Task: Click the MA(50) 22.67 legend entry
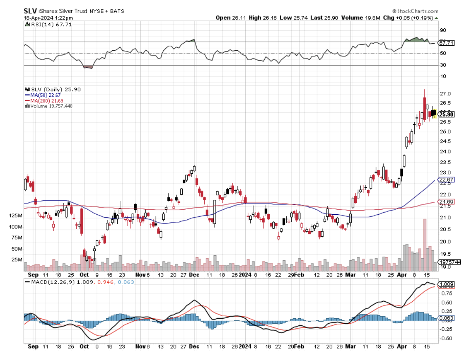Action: click(39, 95)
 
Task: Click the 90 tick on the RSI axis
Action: click(443, 30)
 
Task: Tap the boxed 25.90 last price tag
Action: click(447, 114)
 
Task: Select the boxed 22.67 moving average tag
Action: click(447, 180)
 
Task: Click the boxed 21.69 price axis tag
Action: click(447, 202)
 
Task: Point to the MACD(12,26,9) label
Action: click(50, 282)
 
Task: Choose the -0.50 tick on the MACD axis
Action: click(447, 338)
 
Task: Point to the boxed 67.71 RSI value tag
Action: click(447, 43)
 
